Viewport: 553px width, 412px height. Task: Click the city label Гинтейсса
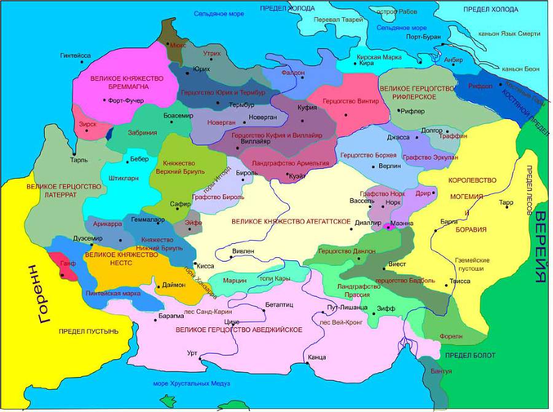(76, 55)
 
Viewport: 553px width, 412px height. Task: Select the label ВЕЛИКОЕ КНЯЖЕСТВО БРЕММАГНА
(127, 82)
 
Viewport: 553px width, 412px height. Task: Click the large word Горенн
(35, 294)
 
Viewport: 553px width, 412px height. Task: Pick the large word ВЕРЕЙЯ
(540, 246)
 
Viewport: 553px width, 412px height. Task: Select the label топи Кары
(275, 279)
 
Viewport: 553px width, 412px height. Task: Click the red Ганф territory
(66, 268)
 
